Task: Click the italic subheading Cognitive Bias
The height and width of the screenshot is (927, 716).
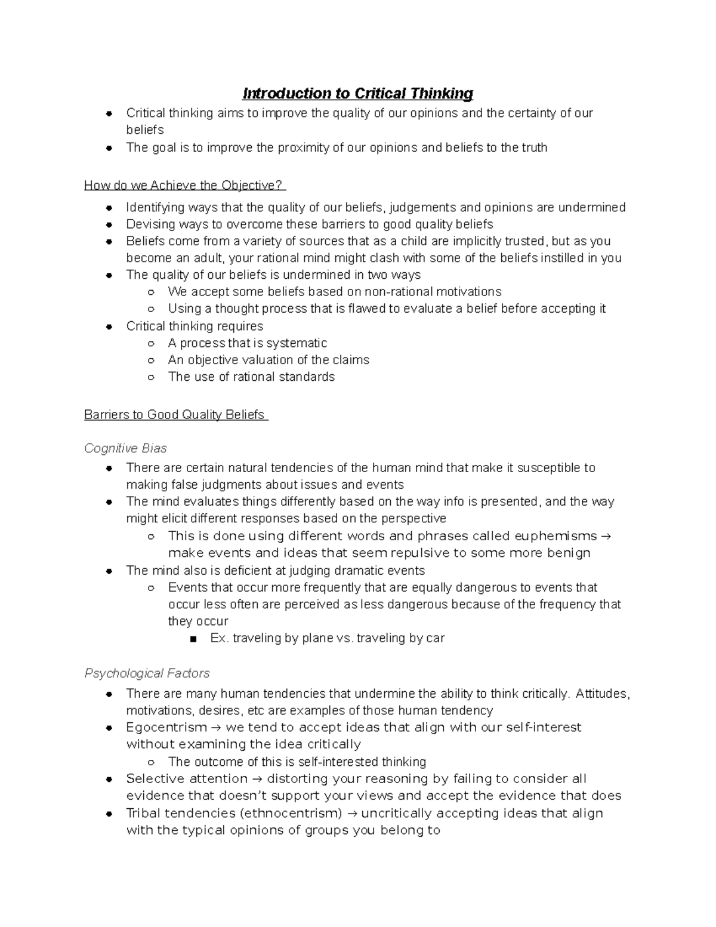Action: click(x=125, y=448)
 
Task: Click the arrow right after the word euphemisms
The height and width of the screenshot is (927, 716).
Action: click(x=606, y=535)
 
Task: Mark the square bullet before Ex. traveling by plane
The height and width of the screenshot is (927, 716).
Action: click(x=192, y=639)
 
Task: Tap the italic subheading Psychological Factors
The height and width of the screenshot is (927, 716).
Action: click(x=147, y=673)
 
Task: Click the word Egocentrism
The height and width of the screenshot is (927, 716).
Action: click(x=166, y=727)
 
